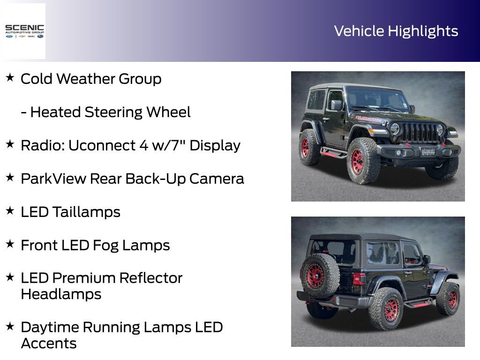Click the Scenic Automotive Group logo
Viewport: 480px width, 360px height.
pyautogui.click(x=24, y=31)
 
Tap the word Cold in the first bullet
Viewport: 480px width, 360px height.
pyautogui.click(x=37, y=79)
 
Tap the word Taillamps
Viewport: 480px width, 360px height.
pyautogui.click(x=86, y=212)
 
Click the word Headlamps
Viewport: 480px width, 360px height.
pyautogui.click(x=61, y=294)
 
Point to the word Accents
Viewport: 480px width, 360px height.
pyautogui.click(x=49, y=344)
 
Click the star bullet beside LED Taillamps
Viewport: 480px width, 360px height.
pyautogui.click(x=10, y=210)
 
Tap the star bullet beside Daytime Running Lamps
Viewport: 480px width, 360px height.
pyautogui.click(x=10, y=325)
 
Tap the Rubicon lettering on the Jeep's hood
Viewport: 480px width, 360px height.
pyautogui.click(x=368, y=119)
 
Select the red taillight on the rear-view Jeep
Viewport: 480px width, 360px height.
pyautogui.click(x=359, y=279)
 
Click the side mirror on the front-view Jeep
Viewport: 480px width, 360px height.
pyautogui.click(x=336, y=105)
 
